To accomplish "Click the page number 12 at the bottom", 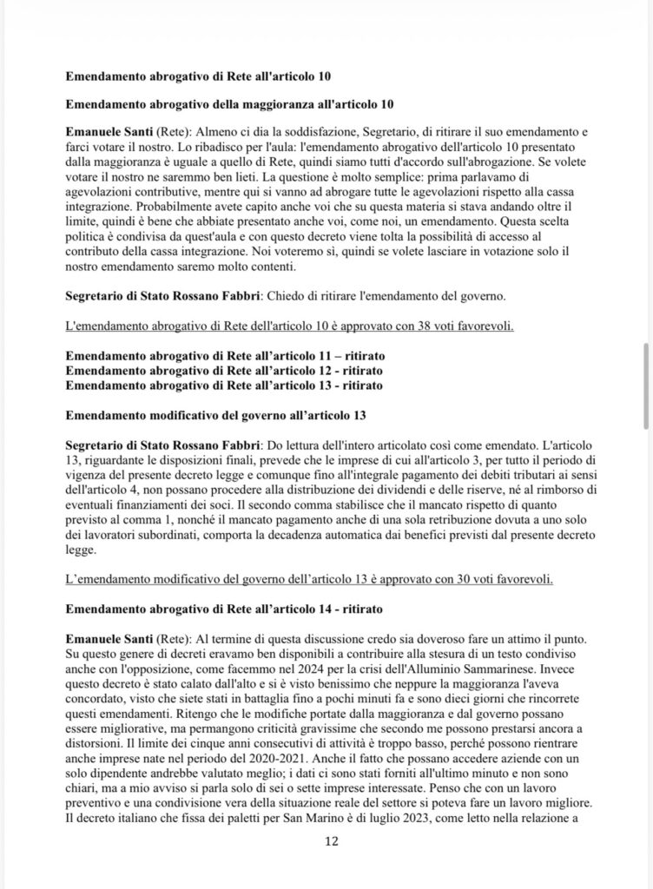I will (x=330, y=841).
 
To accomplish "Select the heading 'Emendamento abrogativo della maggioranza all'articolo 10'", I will (x=230, y=105).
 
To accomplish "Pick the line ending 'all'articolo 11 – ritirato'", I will (x=226, y=357).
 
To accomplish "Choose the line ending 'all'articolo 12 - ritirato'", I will (x=225, y=371).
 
